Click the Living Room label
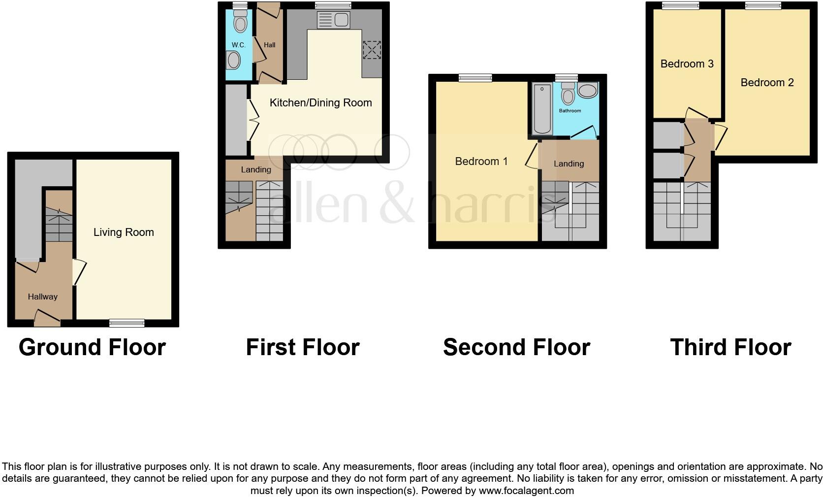[x=124, y=232]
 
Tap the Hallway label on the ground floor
[x=42, y=297]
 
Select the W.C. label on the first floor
[x=238, y=45]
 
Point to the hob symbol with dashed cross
[x=372, y=50]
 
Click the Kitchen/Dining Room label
[x=320, y=102]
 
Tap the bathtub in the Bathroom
[x=542, y=109]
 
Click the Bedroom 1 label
[x=481, y=161]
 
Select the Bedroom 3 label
[x=687, y=64]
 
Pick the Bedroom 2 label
[x=767, y=82]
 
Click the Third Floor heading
[x=730, y=347]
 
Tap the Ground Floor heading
[x=92, y=347]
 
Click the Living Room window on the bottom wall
[x=127, y=323]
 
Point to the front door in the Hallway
[x=47, y=318]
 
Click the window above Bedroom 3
[x=680, y=6]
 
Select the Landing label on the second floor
[x=569, y=164]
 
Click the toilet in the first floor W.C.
[x=240, y=22]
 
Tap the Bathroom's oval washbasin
[x=587, y=90]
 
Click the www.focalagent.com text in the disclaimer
[x=526, y=491]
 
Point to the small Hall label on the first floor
[x=269, y=45]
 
